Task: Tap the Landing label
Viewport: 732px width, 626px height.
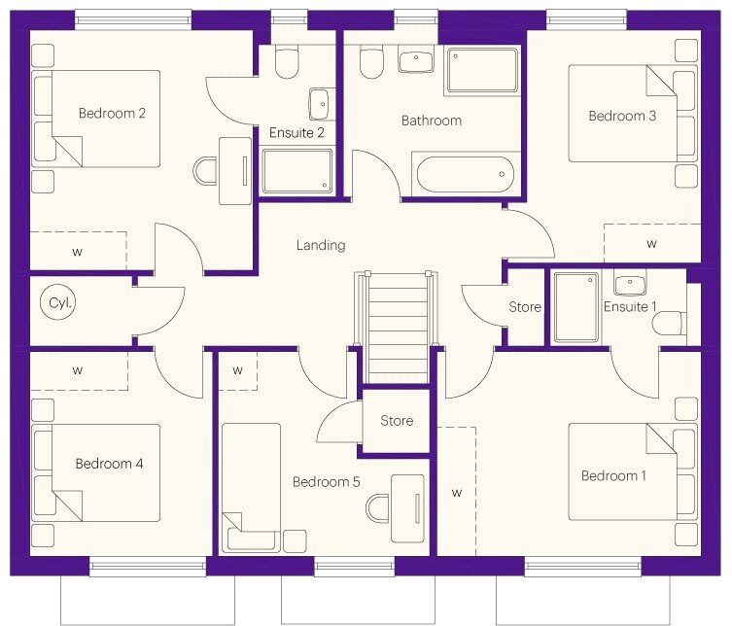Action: [x=321, y=245]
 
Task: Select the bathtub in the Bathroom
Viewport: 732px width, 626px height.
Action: [x=465, y=174]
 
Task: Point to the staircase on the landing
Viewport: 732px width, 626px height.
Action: [x=397, y=327]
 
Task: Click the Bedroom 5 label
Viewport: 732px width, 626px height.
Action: [x=326, y=482]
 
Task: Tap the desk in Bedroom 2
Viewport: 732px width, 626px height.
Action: [x=235, y=170]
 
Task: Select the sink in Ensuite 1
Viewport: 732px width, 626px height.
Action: [x=630, y=285]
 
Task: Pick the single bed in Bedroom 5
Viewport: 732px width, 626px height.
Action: [x=251, y=487]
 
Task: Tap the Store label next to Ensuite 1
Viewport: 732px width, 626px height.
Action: [x=525, y=307]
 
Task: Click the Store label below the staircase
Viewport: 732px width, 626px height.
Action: [x=397, y=421]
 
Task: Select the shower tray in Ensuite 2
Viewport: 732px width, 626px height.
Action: [x=296, y=171]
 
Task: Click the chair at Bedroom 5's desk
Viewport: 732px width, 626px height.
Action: [x=378, y=508]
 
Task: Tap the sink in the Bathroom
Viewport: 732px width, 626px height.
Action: [x=415, y=60]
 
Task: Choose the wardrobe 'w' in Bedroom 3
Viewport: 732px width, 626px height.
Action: [x=652, y=243]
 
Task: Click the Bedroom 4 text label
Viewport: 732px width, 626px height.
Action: [x=109, y=464]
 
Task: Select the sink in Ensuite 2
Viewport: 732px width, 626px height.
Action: [x=320, y=104]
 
